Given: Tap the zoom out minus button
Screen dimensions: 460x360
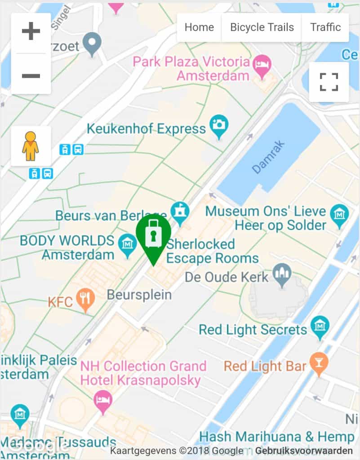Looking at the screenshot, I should pos(31,75).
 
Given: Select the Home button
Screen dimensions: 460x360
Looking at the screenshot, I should pos(199,27).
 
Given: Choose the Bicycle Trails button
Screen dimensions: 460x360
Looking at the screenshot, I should pos(262,27).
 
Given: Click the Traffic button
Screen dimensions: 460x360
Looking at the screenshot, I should pos(325,27).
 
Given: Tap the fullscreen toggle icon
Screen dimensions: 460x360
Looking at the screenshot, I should pos(329,82).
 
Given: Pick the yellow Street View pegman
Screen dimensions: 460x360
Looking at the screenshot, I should pos(31,146).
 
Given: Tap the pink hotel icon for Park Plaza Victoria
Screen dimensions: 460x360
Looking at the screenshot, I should pos(262,63).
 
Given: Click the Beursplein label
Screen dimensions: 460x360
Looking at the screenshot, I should pos(139,295).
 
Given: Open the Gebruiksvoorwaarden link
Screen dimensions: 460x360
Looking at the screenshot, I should pos(304,451).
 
